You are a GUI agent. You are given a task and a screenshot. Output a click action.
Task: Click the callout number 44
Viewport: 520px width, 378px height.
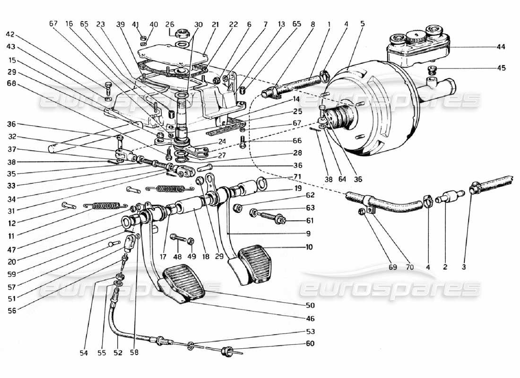point(501,47)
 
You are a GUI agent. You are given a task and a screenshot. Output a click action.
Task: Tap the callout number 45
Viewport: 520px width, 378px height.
point(501,68)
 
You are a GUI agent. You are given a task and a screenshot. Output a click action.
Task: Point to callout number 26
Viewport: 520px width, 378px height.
point(169,25)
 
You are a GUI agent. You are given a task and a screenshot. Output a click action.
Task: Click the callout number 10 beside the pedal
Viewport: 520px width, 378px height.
point(308,247)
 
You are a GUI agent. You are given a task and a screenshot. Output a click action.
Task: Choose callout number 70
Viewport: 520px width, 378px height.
point(409,267)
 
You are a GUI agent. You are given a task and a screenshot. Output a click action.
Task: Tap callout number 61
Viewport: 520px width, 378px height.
point(310,221)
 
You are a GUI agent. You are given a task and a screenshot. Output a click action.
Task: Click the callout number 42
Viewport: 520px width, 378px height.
point(10,34)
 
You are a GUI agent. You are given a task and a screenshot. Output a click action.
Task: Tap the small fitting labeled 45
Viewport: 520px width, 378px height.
point(431,70)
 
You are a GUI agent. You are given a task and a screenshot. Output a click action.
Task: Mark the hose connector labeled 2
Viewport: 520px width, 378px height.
point(448,196)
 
